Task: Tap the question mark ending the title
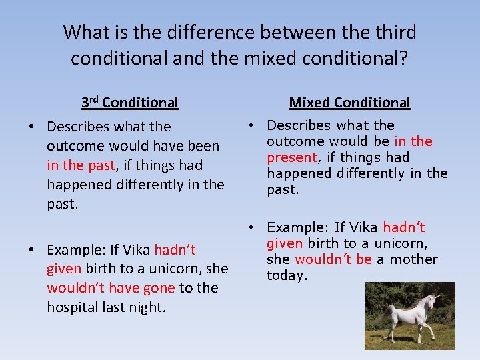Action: point(405,59)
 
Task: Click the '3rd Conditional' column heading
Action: point(129,103)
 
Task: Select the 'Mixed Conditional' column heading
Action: point(349,103)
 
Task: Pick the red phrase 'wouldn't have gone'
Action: point(111,288)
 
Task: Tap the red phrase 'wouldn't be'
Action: point(333,259)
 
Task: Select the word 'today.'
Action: point(287,275)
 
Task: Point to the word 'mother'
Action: point(413,259)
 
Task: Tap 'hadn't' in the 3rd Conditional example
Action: point(175,250)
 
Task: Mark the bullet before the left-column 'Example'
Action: point(32,250)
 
